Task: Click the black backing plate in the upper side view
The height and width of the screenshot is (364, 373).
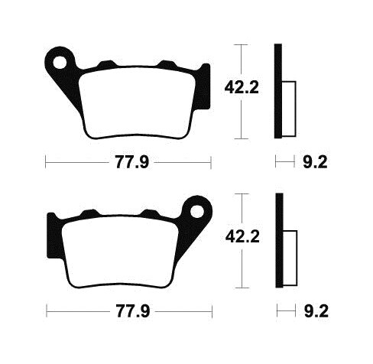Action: (279, 92)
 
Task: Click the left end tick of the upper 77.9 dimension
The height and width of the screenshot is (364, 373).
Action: (47, 162)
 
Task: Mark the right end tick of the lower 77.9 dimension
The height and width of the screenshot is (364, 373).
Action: (210, 313)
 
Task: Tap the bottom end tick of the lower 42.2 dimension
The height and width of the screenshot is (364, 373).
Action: (242, 283)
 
